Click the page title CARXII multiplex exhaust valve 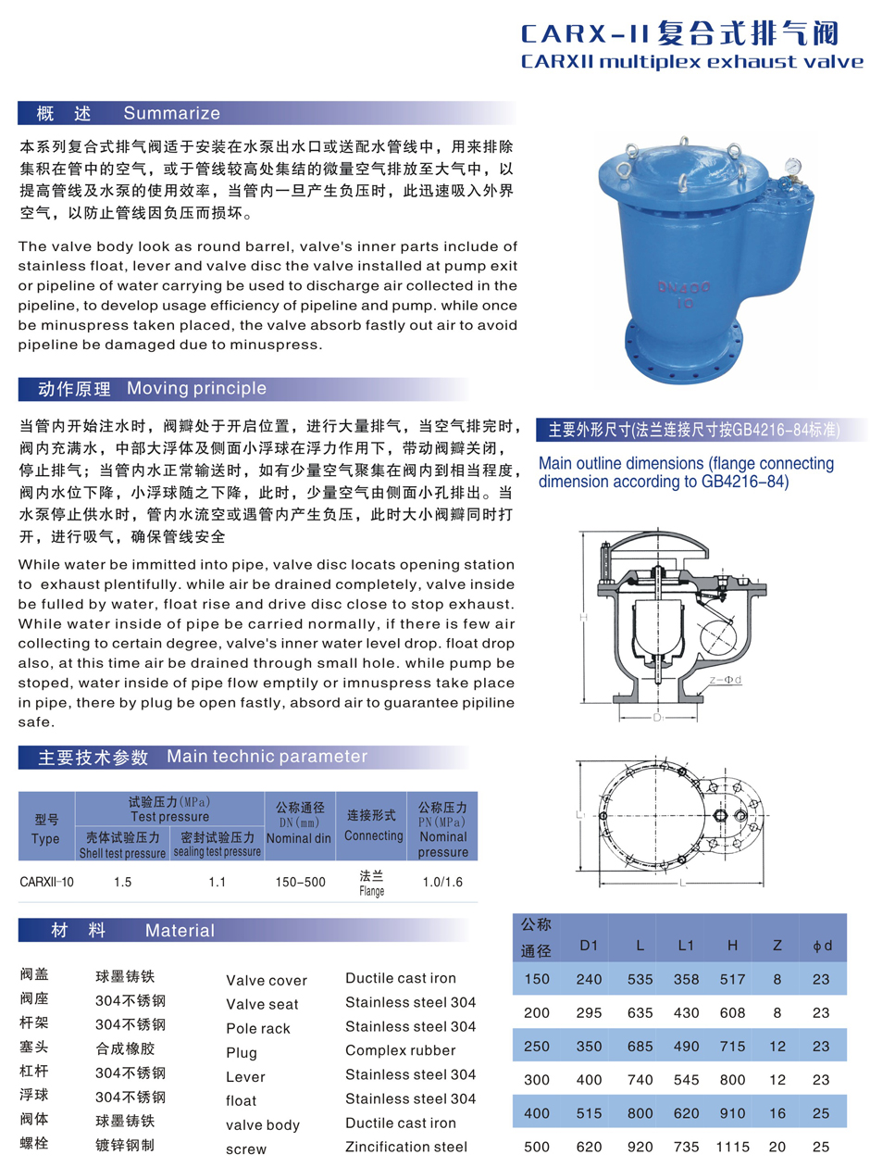click(692, 63)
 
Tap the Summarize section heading click(171, 114)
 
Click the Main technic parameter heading click(267, 757)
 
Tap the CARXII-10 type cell click(46, 882)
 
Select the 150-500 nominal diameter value click(300, 882)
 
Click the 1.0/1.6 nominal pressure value click(442, 882)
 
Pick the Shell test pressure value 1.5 click(122, 882)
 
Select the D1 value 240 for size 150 click(590, 979)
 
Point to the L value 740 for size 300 click(639, 1080)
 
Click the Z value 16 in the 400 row click(777, 1113)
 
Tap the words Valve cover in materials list click(267, 981)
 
